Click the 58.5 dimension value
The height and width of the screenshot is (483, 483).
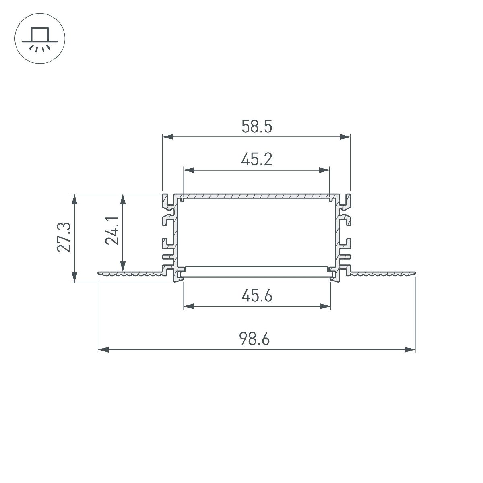point(256,127)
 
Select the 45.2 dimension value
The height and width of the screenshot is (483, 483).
point(256,160)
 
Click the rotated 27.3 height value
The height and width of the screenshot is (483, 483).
point(64,237)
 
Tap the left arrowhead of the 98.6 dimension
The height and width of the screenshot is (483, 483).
point(103,350)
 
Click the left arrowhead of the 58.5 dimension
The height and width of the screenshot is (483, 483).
point(167,138)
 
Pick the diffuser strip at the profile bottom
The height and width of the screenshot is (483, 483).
point(256,272)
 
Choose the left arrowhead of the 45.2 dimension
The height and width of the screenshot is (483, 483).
point(188,170)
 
